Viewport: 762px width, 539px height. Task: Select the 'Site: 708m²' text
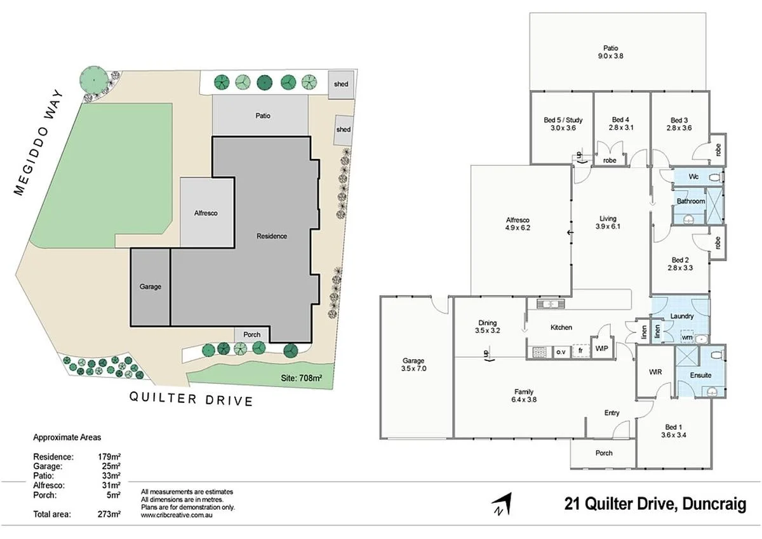coord(301,378)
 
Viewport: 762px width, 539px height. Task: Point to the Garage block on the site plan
coord(150,287)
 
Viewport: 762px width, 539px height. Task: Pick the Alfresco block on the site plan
coord(206,213)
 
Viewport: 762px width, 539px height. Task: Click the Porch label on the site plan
coord(252,335)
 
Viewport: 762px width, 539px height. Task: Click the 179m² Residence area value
coord(109,456)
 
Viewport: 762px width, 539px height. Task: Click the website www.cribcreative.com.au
coord(176,515)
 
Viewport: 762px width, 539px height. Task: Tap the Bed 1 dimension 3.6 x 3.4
coord(674,435)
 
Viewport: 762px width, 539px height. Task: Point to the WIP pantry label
coord(601,348)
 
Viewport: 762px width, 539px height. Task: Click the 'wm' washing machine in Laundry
coord(687,338)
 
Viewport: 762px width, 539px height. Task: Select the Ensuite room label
coord(700,375)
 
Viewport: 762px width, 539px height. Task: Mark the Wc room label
coord(693,177)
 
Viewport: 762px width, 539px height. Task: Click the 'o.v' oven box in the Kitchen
coord(561,351)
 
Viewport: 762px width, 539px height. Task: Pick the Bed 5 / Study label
coord(563,119)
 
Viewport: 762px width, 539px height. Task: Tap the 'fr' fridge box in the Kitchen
coord(580,351)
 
